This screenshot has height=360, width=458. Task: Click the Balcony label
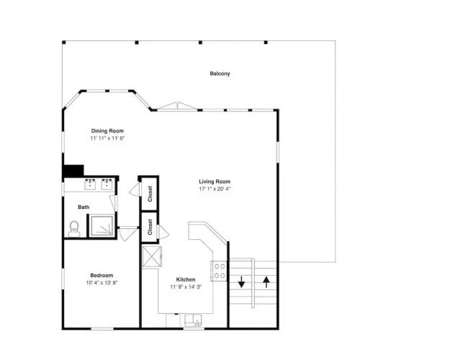(220, 73)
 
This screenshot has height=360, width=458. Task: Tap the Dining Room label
(107, 131)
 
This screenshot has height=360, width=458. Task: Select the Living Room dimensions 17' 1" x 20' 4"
(215, 189)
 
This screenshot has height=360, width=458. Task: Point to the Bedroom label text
(102, 275)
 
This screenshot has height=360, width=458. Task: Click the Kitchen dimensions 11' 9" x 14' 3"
(186, 287)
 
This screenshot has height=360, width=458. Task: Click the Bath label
(84, 207)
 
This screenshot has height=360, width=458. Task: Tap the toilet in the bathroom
(74, 229)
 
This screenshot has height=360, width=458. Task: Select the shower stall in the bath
(102, 225)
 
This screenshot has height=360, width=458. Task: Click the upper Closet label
(150, 194)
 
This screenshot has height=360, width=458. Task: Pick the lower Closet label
(150, 227)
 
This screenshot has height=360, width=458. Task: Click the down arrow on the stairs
(241, 282)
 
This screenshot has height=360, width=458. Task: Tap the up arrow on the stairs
(266, 282)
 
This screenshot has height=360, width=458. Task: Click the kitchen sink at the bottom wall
(194, 321)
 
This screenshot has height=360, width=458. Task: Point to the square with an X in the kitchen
(152, 256)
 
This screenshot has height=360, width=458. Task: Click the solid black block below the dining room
(73, 171)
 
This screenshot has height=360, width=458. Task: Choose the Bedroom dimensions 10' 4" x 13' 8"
(102, 283)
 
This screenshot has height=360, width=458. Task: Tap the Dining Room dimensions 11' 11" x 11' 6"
(107, 138)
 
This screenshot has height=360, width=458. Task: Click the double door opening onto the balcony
(177, 106)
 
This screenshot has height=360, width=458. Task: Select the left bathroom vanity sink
(90, 184)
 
